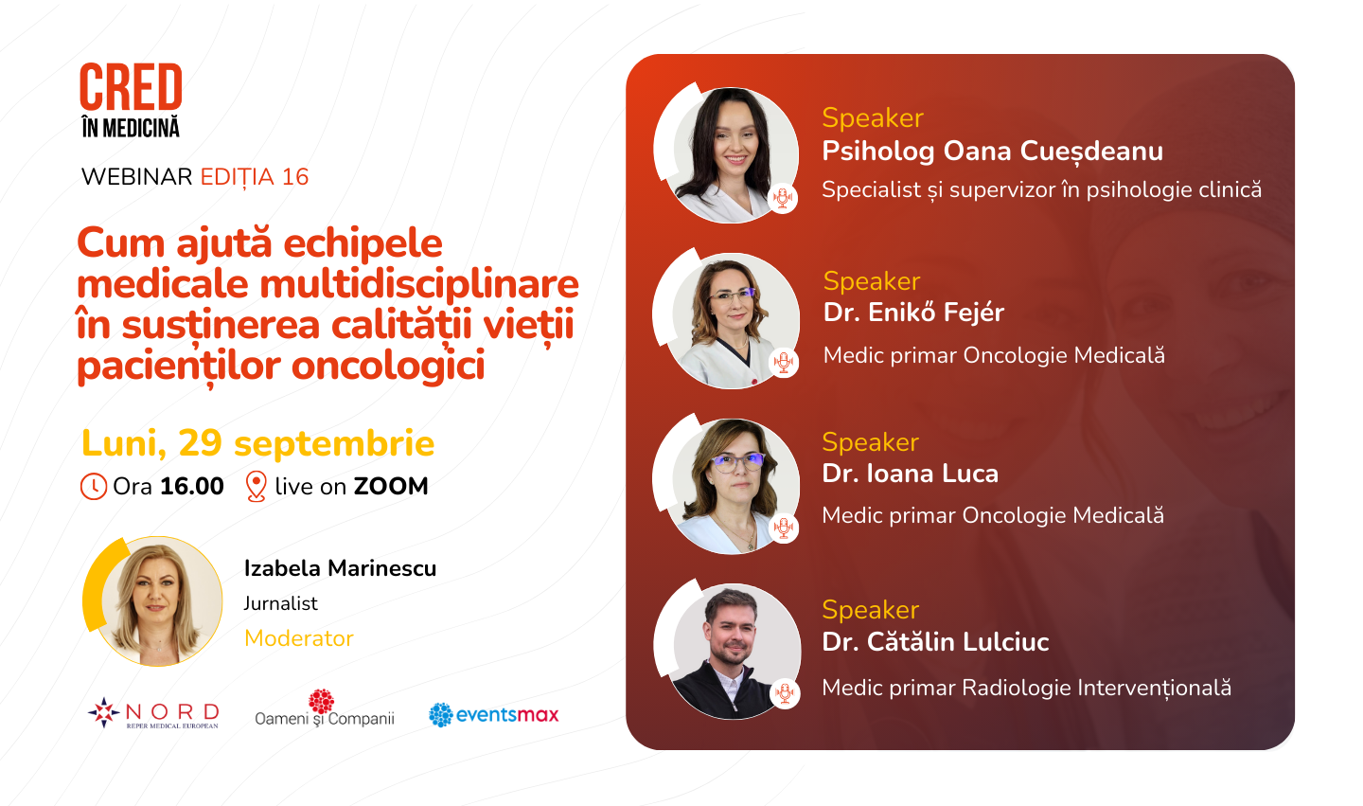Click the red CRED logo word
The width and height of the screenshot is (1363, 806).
[x=131, y=86]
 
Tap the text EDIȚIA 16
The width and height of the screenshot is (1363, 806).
[x=255, y=178]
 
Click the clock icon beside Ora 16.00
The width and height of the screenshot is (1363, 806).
[x=94, y=487]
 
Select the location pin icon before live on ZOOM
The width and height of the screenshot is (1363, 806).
[x=257, y=487]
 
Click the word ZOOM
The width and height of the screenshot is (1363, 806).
[x=391, y=487]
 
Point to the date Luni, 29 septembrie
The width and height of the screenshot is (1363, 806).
[x=258, y=443]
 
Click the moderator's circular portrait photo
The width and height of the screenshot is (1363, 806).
[x=153, y=600]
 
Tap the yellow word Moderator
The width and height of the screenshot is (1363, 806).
[x=299, y=638]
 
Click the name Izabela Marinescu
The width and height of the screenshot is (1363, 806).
[x=340, y=568]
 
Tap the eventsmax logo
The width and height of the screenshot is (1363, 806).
[x=493, y=715]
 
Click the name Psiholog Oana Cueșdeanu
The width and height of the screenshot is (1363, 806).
[x=992, y=152]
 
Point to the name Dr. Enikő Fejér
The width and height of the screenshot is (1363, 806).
[x=913, y=313]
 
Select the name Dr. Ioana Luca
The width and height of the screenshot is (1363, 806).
[x=911, y=474]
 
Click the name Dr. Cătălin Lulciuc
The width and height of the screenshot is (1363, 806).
[x=935, y=641]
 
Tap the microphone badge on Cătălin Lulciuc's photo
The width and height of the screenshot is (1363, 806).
[x=785, y=692]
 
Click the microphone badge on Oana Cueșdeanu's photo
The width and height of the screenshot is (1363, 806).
[x=783, y=198]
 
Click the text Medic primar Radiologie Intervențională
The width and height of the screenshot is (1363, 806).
[x=1026, y=688]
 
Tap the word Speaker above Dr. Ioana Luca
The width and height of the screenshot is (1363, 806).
[x=870, y=442]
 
